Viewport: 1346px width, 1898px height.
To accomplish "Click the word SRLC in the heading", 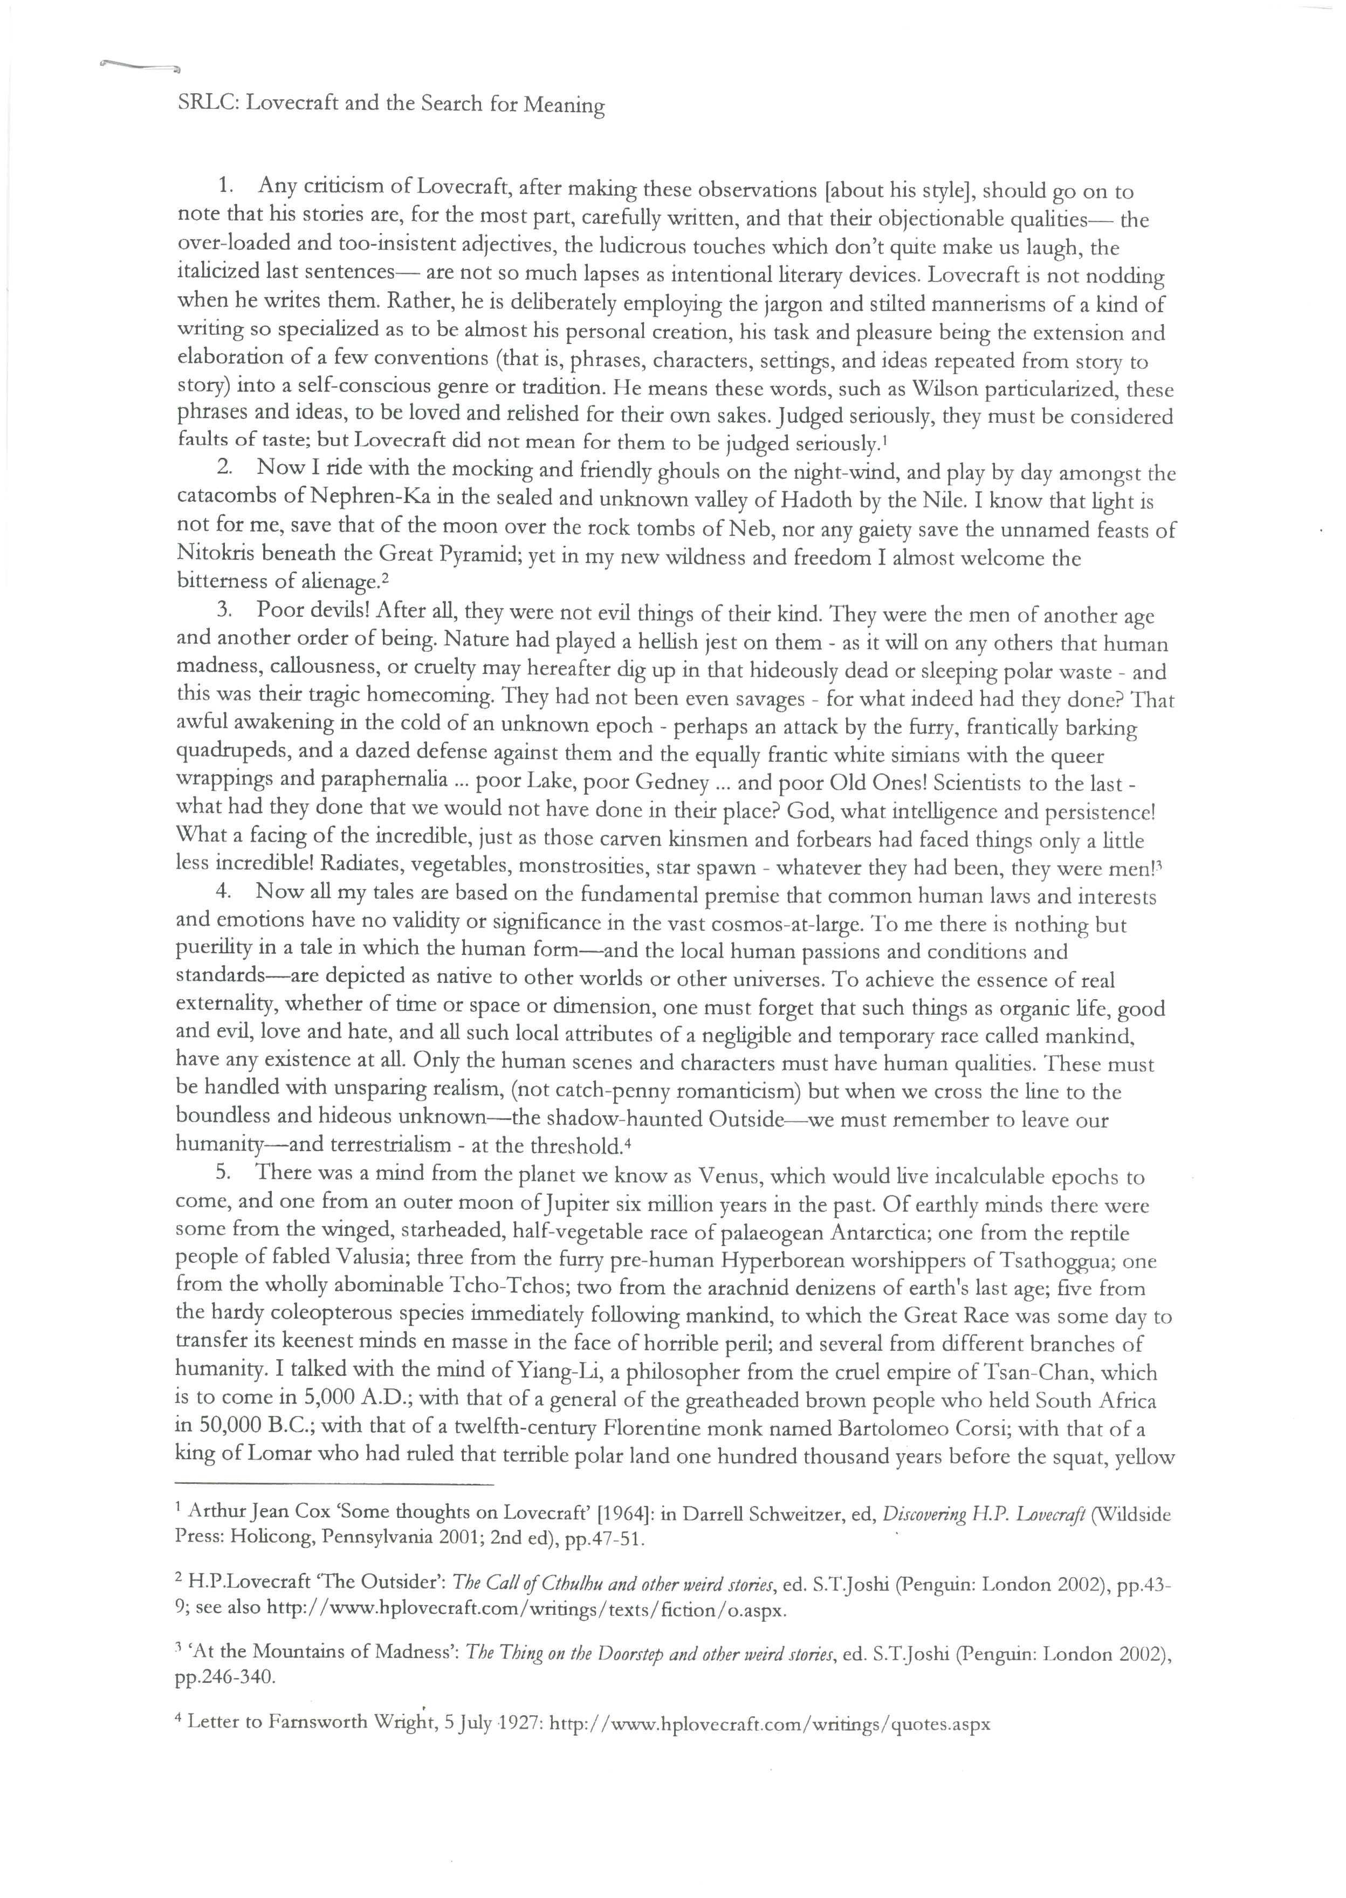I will pos(205,104).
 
